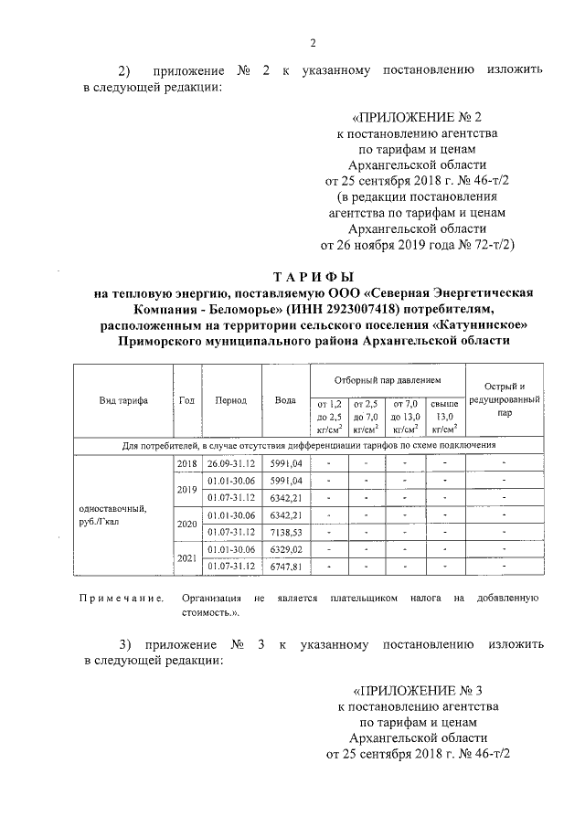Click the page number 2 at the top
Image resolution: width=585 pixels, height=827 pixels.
(x=313, y=43)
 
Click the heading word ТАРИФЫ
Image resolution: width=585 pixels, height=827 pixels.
(x=313, y=277)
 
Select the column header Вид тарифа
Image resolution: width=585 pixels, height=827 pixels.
(x=123, y=400)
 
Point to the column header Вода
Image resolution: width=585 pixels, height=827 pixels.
(x=285, y=400)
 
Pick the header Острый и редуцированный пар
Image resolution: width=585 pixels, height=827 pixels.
(x=505, y=400)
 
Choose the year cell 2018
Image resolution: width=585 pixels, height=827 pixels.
(x=187, y=463)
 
